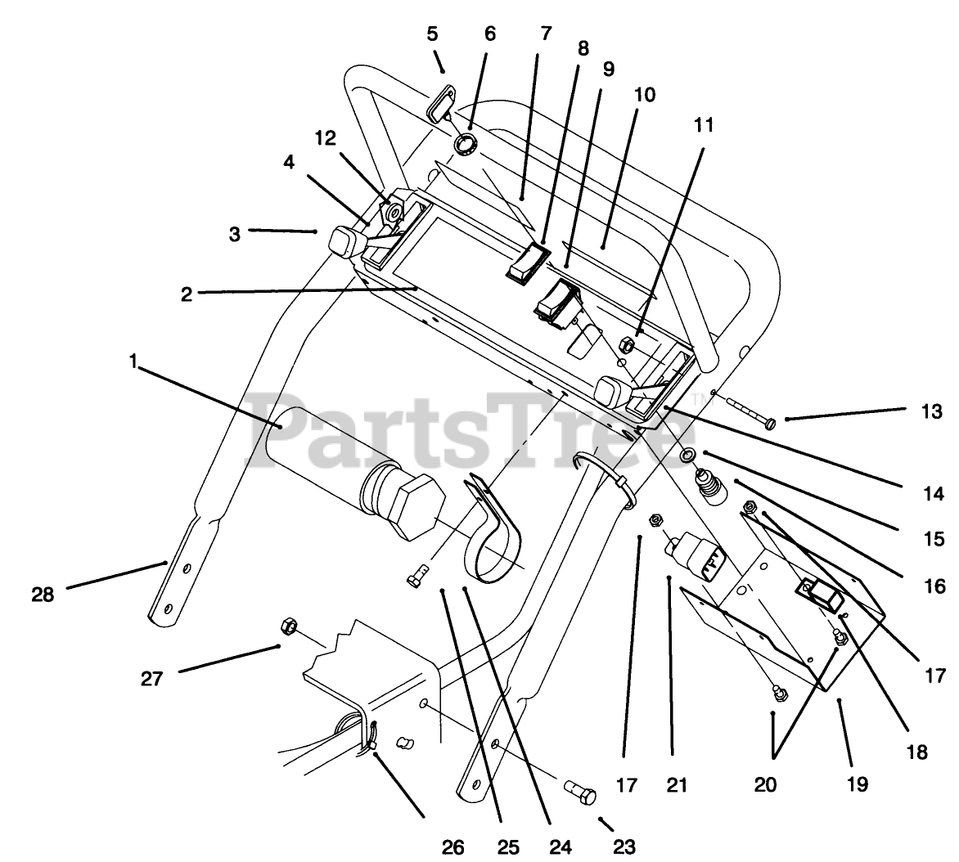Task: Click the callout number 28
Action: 43,595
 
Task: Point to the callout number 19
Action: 857,783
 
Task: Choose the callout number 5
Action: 432,34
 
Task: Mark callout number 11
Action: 704,125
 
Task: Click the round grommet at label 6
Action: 466,145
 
